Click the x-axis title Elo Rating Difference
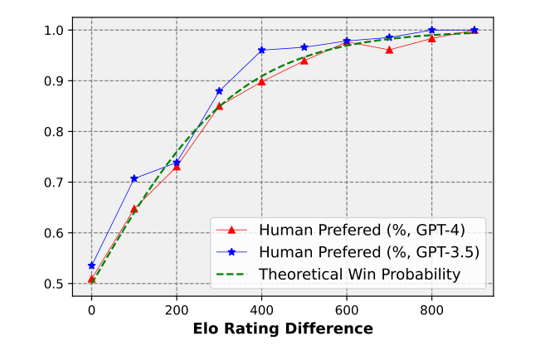282,329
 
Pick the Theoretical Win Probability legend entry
359,273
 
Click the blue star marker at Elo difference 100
134,178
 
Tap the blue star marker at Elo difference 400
261,50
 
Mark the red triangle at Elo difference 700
389,50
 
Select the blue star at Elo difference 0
91,265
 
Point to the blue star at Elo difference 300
219,91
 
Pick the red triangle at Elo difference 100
134,208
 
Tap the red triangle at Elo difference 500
304,61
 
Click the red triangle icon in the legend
234,230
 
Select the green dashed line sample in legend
234,273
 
